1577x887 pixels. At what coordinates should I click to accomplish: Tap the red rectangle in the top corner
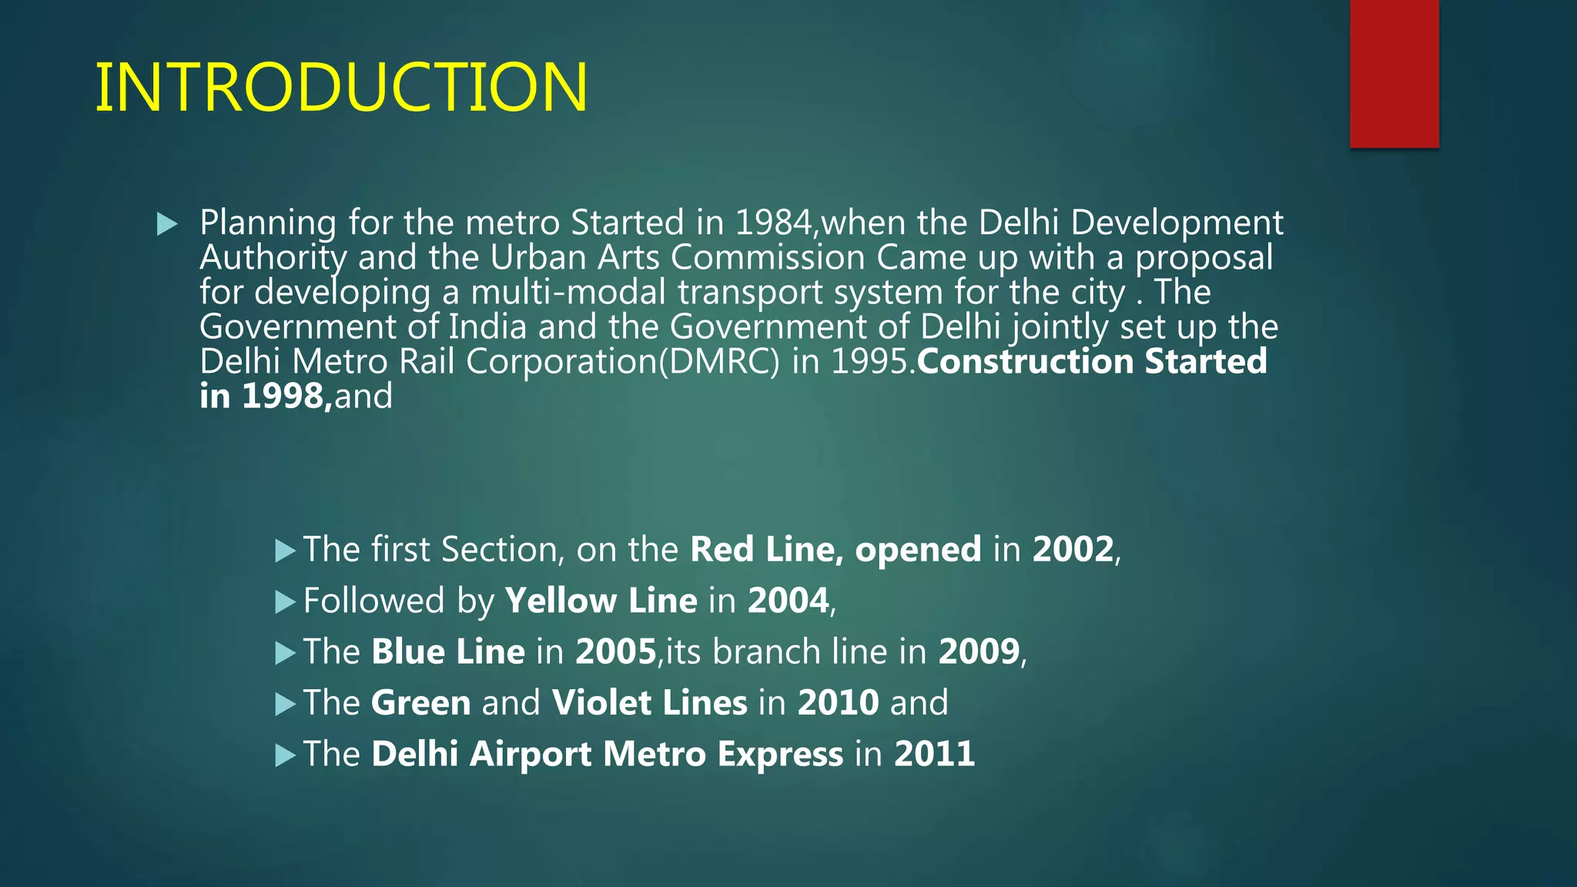point(1394,73)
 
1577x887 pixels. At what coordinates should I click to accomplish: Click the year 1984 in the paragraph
point(774,223)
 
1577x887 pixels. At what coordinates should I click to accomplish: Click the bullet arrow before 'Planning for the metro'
point(167,225)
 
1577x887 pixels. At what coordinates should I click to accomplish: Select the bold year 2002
point(1073,550)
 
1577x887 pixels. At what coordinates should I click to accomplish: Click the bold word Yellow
point(561,601)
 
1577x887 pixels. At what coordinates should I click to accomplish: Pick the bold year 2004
point(788,601)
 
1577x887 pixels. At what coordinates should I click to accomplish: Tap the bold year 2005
point(615,652)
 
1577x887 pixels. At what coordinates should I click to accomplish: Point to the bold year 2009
point(979,652)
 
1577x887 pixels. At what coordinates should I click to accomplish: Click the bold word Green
point(420,703)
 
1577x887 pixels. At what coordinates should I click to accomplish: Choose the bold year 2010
point(838,703)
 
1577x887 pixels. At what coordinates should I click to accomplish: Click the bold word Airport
point(530,754)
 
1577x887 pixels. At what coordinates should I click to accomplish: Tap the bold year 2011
point(934,754)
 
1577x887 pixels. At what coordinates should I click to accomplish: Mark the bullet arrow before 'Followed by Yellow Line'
point(285,602)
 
